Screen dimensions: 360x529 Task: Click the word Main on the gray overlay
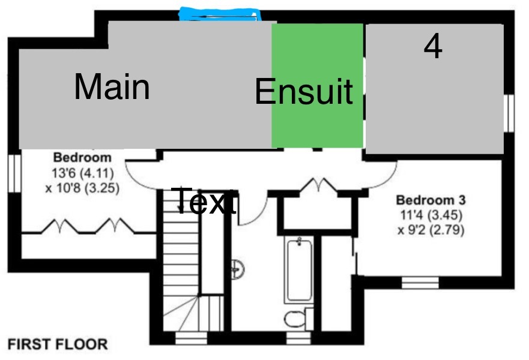click(x=112, y=86)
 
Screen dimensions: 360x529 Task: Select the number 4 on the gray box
click(x=433, y=47)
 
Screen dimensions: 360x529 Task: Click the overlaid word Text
click(x=204, y=201)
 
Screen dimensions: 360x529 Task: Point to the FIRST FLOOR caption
click(x=58, y=344)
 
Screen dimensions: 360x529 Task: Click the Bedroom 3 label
click(x=431, y=200)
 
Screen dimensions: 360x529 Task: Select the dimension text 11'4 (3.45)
click(x=431, y=215)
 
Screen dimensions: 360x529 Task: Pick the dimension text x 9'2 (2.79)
click(x=431, y=229)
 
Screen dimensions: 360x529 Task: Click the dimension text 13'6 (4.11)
click(x=82, y=173)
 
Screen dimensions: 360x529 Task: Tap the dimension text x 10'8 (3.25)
click(x=82, y=187)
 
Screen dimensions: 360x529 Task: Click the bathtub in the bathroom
click(x=299, y=270)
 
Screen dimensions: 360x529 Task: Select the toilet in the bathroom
click(x=296, y=319)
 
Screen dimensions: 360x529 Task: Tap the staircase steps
click(x=180, y=264)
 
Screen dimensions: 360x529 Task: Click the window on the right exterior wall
click(x=509, y=113)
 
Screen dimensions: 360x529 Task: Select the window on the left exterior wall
click(x=13, y=173)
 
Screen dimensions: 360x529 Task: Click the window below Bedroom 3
click(x=420, y=282)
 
